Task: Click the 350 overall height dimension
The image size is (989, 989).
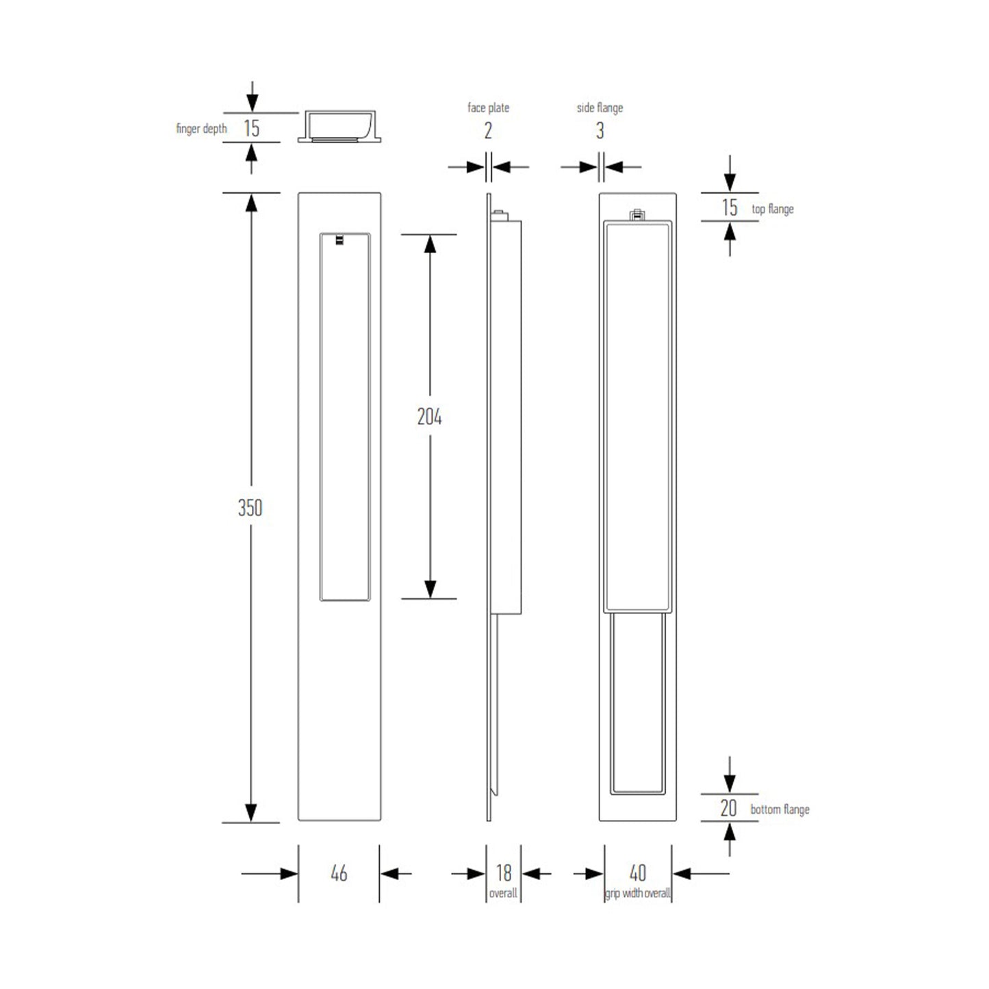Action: click(250, 508)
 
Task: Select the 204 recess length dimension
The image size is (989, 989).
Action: click(429, 417)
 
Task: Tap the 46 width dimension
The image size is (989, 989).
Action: click(339, 873)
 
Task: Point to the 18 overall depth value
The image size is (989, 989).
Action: click(503, 873)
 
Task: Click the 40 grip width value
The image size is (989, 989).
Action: click(637, 873)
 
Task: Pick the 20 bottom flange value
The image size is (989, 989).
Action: click(728, 808)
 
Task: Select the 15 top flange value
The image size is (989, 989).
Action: click(730, 207)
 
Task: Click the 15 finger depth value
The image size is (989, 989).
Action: click(252, 128)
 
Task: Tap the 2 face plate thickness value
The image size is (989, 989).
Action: click(488, 131)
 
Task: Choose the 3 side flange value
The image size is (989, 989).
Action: click(600, 131)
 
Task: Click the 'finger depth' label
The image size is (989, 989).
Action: click(201, 129)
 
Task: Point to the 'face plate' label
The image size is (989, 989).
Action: click(488, 107)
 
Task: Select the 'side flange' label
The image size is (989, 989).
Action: click(600, 107)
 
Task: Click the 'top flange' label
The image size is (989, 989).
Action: click(773, 209)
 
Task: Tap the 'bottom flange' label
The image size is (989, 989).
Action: click(780, 810)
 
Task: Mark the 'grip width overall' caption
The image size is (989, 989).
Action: click(637, 893)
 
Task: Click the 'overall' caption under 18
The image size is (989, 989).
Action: click(503, 893)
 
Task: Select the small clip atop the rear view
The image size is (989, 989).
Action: click(637, 215)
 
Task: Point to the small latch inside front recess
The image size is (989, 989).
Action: click(339, 240)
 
